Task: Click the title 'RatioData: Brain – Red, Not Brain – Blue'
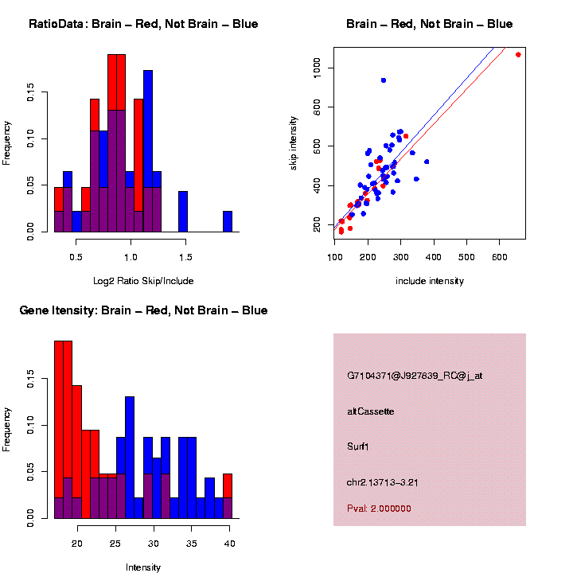143,24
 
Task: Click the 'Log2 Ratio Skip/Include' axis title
143,281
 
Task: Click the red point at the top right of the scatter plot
518,54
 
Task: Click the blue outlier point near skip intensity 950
384,80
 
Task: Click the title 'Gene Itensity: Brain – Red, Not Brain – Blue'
143,310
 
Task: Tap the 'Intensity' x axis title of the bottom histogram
143,567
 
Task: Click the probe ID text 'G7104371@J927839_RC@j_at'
415,375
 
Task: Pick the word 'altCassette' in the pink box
371,411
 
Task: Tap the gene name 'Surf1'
358,446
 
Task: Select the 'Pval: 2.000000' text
379,508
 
